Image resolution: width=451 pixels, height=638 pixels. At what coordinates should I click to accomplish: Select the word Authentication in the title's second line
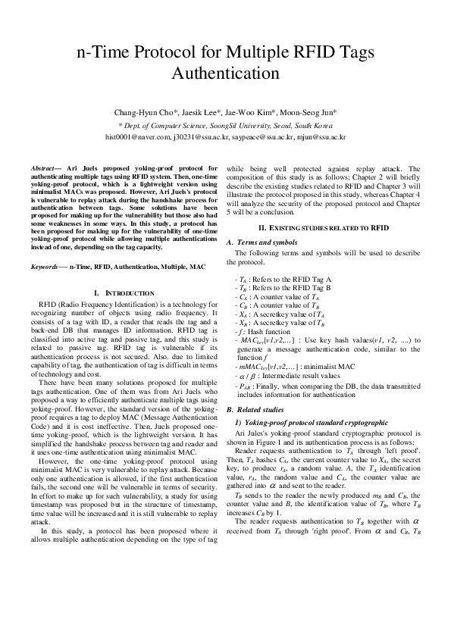click(x=226, y=73)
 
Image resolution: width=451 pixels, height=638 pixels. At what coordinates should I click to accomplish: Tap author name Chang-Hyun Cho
click(x=145, y=111)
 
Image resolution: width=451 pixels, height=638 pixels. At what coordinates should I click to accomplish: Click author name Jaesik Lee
click(x=202, y=111)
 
